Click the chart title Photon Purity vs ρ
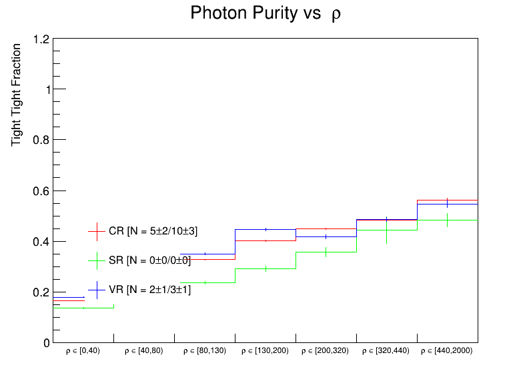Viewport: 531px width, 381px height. click(x=265, y=13)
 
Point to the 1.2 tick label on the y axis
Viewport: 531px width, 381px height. click(x=41, y=39)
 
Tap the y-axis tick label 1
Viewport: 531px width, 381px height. click(x=45, y=90)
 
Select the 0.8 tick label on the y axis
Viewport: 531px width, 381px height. click(x=41, y=141)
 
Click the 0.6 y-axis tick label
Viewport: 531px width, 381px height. click(x=41, y=191)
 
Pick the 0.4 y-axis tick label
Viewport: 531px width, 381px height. click(x=41, y=242)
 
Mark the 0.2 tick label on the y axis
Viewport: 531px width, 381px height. click(x=41, y=292)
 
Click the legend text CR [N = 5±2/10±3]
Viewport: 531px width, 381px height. click(x=153, y=231)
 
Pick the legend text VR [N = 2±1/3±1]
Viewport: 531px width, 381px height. click(x=149, y=289)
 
